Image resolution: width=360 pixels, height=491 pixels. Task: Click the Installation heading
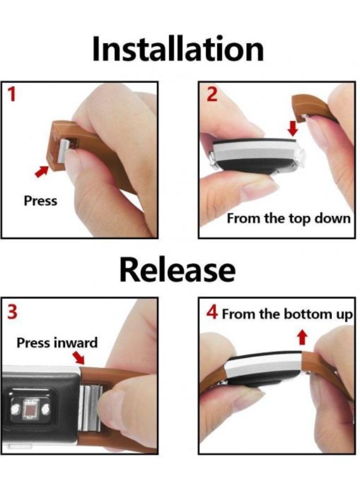coord(178,49)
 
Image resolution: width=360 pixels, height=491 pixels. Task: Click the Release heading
coord(177,270)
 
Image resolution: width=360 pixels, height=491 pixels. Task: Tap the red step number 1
coord(11,94)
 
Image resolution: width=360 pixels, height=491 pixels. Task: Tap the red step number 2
coord(212,94)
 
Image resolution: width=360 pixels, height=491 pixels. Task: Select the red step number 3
coord(12,312)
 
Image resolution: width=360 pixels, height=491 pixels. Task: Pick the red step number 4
coord(212,312)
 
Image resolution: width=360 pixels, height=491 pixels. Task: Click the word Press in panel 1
coord(40,201)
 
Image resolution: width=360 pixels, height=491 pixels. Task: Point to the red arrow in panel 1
coord(41,171)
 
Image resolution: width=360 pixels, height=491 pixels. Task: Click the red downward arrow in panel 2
coord(293,128)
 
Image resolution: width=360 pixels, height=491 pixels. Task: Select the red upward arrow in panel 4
coord(302,337)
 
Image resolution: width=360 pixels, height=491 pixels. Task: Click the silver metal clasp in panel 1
coord(63,151)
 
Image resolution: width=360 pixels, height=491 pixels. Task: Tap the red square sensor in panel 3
coord(31,408)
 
